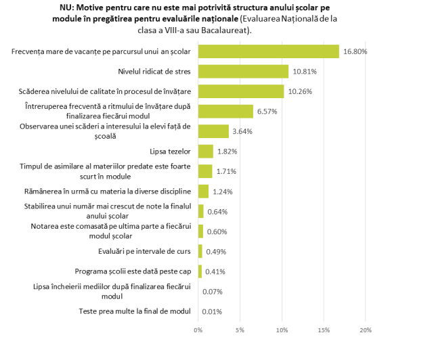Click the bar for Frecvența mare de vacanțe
tap(268, 51)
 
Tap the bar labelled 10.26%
tap(240, 91)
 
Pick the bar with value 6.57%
tap(225, 111)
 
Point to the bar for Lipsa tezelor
tap(205, 151)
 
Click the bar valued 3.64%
tap(213, 131)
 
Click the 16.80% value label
tap(355, 51)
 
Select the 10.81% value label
tap(305, 71)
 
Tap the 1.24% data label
tap(223, 192)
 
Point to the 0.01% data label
tap(213, 311)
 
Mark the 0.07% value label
tap(213, 292)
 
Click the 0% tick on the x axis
tap(198, 330)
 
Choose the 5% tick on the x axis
tap(240, 330)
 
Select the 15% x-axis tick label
tap(324, 330)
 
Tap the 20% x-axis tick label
tap(366, 330)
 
